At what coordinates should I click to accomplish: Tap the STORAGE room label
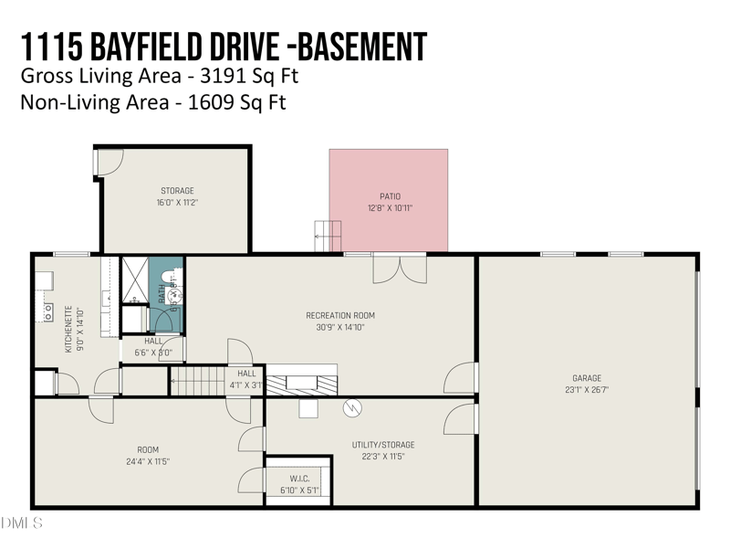coord(177,191)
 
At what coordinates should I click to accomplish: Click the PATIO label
coord(390,196)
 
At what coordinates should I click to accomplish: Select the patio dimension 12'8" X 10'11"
coord(390,208)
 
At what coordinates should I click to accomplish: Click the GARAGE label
coord(587,378)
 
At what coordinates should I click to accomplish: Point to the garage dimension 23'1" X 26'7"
coord(587,390)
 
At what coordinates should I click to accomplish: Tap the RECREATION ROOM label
coord(340,315)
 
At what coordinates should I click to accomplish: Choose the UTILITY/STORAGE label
coord(378,445)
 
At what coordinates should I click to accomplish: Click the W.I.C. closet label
coord(298,479)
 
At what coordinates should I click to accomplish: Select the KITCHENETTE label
coord(68,329)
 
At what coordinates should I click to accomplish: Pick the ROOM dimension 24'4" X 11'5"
coord(148,461)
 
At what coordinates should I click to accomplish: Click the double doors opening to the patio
coord(400,269)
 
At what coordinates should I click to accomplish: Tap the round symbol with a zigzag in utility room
coord(352,409)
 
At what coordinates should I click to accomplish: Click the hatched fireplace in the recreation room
coord(301,382)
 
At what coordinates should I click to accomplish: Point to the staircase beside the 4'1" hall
coord(198,381)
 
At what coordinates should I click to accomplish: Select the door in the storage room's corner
coord(109,163)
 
